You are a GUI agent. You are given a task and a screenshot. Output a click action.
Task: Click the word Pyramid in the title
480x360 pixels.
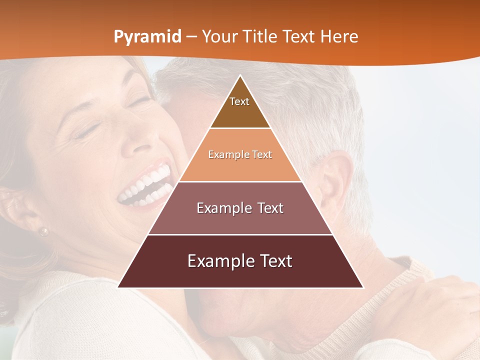pyautogui.click(x=147, y=37)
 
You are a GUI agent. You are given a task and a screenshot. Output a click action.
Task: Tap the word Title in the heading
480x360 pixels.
pyautogui.click(x=260, y=37)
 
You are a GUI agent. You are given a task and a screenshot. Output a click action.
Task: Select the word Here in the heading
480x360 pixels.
pyautogui.click(x=339, y=37)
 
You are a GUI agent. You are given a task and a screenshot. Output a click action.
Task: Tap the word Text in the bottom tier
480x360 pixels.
pyautogui.click(x=274, y=261)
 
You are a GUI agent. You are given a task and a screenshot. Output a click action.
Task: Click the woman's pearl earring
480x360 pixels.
pyautogui.click(x=44, y=231)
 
